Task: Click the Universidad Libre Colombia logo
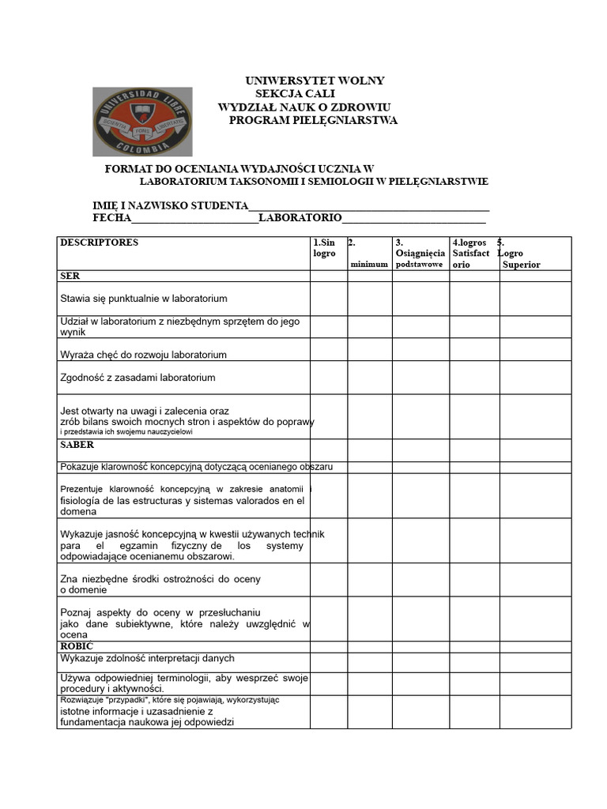[142, 122]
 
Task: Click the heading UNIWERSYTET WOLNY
[315, 81]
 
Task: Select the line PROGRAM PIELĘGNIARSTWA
[313, 120]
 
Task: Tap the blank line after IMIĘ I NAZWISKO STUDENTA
[369, 206]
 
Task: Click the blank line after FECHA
[194, 219]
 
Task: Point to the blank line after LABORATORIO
[413, 219]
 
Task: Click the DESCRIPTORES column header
[99, 243]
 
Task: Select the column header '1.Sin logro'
[325, 248]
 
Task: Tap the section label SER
[70, 277]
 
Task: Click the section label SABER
[77, 445]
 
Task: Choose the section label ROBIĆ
[77, 646]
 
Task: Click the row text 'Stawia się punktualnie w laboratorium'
[144, 299]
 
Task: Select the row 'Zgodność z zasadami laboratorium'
[138, 378]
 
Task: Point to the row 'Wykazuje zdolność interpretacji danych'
[147, 658]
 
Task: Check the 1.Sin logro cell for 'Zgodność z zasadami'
[328, 378]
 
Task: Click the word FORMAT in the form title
[126, 169]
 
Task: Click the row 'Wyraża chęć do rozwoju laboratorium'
[143, 355]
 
